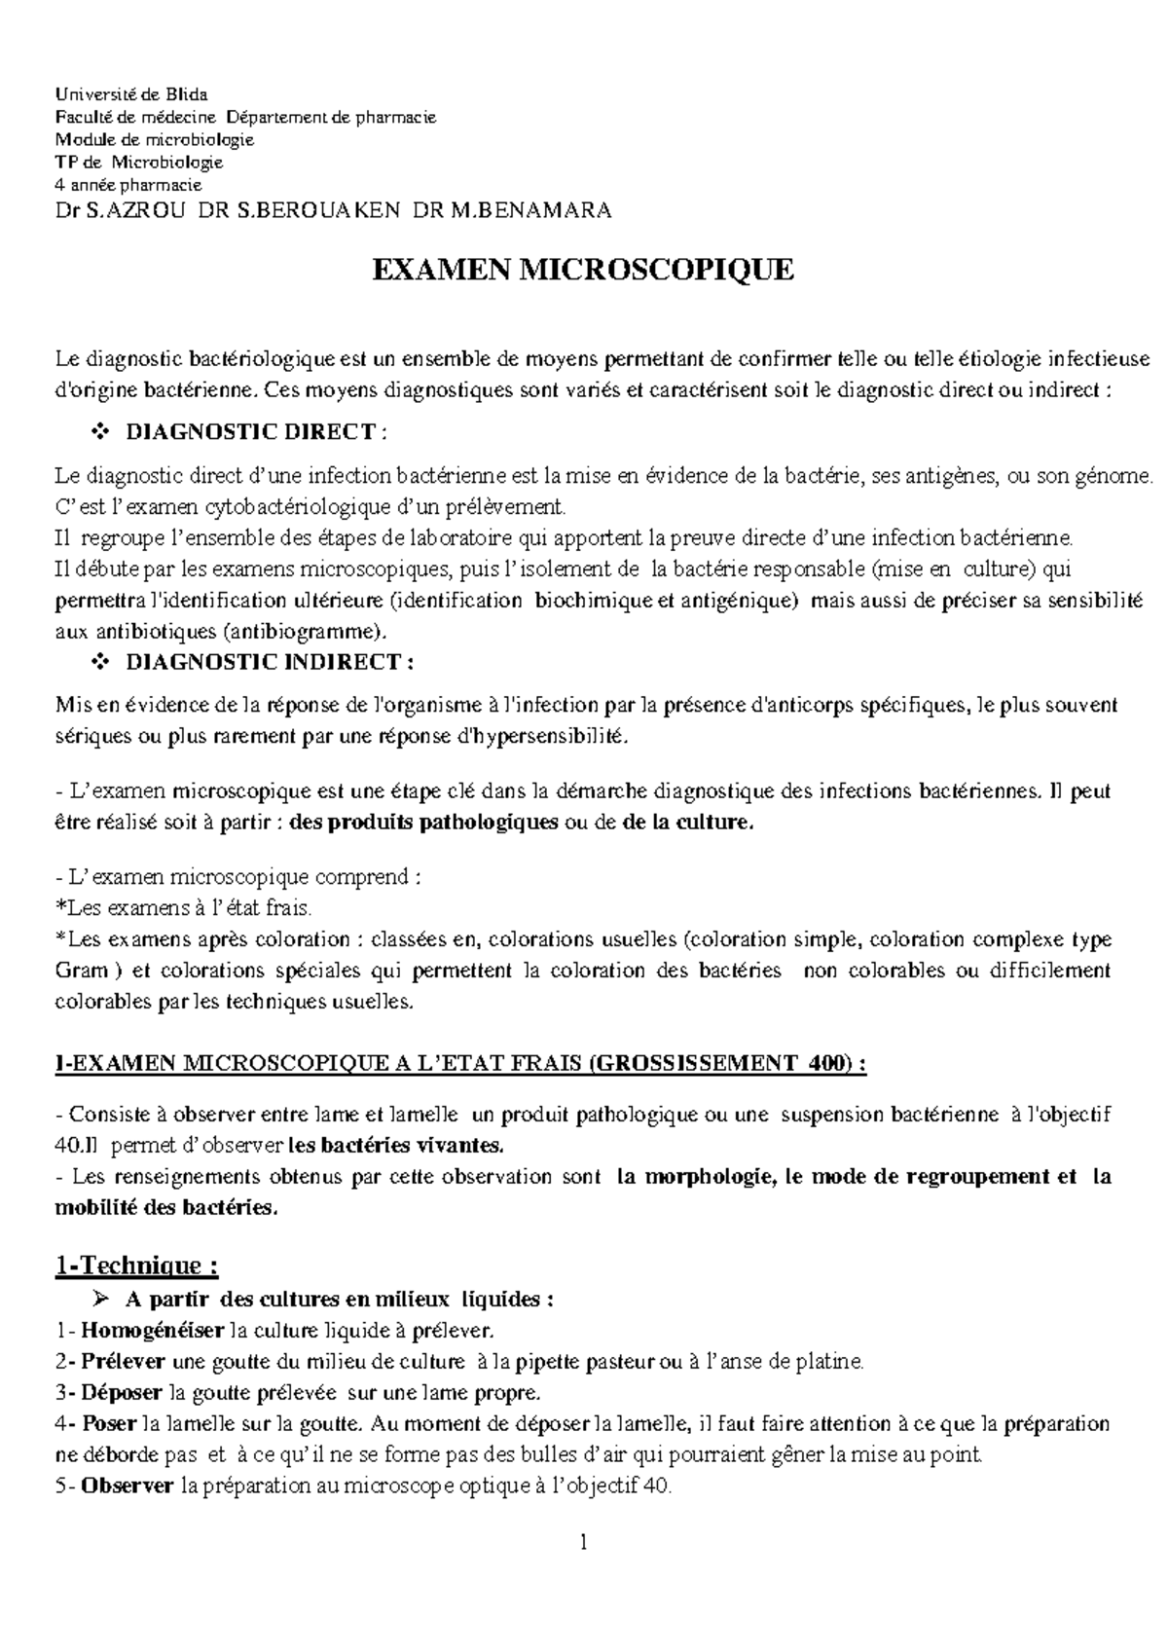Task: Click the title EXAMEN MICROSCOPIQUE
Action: point(584,270)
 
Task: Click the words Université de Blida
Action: point(130,94)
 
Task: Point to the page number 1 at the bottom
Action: point(583,1542)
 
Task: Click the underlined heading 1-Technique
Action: point(136,1266)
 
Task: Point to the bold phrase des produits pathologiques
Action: point(424,823)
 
